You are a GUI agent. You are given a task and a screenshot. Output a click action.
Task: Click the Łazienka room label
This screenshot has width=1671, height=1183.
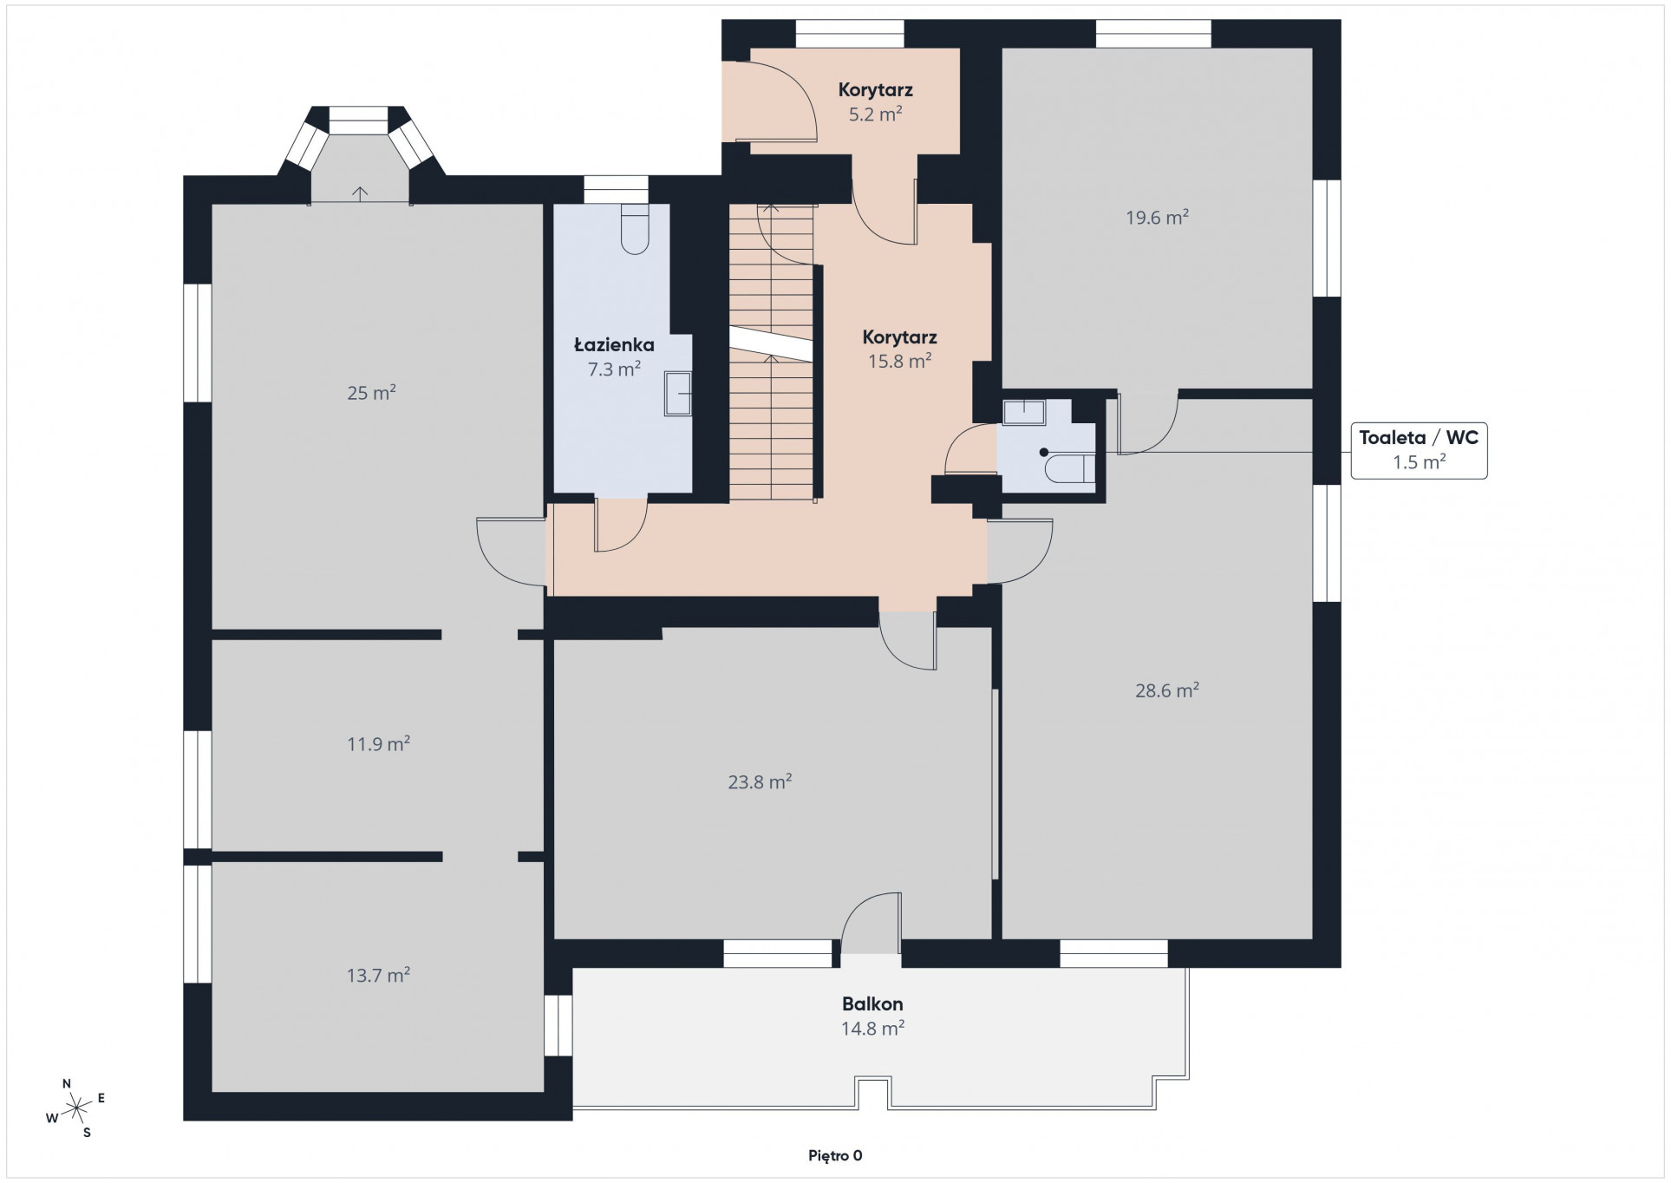coord(614,345)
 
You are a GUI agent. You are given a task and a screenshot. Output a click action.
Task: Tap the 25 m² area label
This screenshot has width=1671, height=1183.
coord(371,393)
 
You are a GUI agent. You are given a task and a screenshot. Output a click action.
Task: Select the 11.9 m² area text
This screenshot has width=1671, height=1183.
coord(378,744)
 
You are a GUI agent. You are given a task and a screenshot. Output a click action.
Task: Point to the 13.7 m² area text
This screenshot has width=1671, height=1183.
coord(378,975)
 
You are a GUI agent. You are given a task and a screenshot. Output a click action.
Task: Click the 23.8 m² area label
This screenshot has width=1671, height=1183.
coord(760,782)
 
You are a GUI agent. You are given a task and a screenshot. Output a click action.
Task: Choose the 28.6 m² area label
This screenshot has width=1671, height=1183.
coord(1167,690)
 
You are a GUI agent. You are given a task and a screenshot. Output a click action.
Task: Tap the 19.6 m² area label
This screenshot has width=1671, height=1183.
coord(1157,217)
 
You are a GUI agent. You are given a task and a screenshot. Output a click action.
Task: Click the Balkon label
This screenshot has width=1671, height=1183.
coord(872,1004)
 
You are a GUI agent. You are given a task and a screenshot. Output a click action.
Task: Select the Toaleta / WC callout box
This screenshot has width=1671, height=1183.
coord(1419,449)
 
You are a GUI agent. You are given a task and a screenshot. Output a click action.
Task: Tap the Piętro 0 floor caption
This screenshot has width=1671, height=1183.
coord(835,1155)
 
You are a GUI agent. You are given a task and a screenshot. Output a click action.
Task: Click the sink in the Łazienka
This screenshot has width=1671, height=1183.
coord(678,394)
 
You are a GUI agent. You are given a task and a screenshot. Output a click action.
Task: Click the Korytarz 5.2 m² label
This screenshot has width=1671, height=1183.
coord(875,101)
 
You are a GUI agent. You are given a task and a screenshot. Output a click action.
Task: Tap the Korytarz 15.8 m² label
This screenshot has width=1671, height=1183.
coord(899,349)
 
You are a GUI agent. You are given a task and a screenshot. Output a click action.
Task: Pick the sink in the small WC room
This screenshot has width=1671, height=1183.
coord(1024,412)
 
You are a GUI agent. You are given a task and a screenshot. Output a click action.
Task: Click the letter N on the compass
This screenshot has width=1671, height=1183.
coord(67,1084)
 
